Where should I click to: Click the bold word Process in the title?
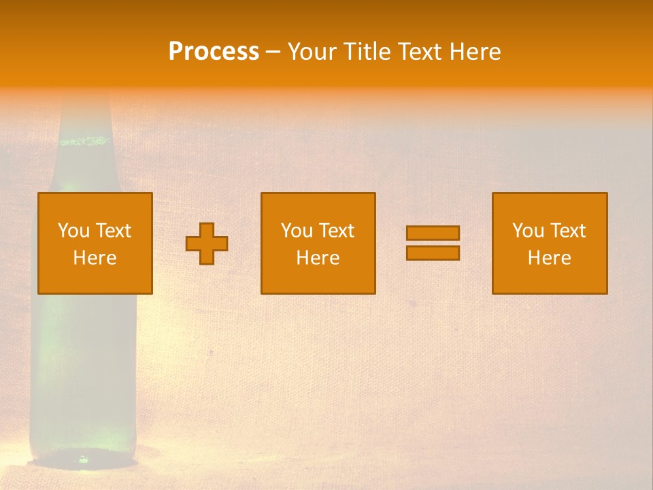[x=214, y=51]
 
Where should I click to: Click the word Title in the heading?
[x=368, y=52]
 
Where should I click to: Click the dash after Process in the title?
[x=273, y=52]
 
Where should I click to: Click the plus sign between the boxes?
[x=207, y=244]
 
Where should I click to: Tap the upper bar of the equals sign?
[x=433, y=233]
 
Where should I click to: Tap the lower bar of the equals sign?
[x=433, y=253]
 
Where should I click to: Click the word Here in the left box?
[x=95, y=258]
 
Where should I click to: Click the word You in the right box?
[x=528, y=231]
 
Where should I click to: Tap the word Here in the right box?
[x=549, y=258]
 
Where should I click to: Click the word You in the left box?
[x=73, y=231]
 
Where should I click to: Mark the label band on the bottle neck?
[x=84, y=142]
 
